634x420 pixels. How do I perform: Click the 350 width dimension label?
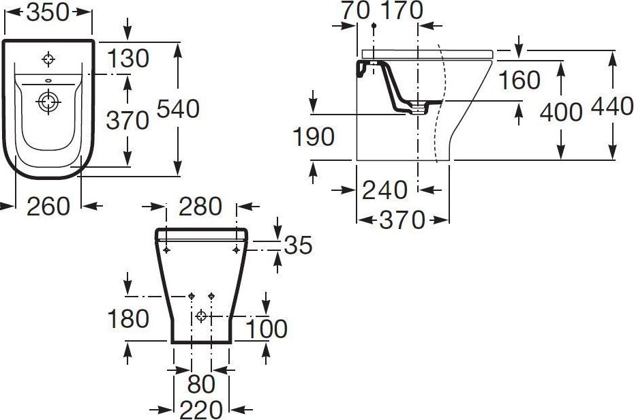[47, 12]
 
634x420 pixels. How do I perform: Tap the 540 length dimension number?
[179, 108]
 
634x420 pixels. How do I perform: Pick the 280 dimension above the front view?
[200, 206]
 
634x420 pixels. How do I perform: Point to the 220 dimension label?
[201, 409]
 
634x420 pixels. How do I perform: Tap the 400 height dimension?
[561, 111]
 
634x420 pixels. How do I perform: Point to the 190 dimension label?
[314, 136]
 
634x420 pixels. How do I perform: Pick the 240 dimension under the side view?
[386, 189]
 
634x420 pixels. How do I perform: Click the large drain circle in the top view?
[48, 103]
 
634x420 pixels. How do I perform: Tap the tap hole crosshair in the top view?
[48, 59]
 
